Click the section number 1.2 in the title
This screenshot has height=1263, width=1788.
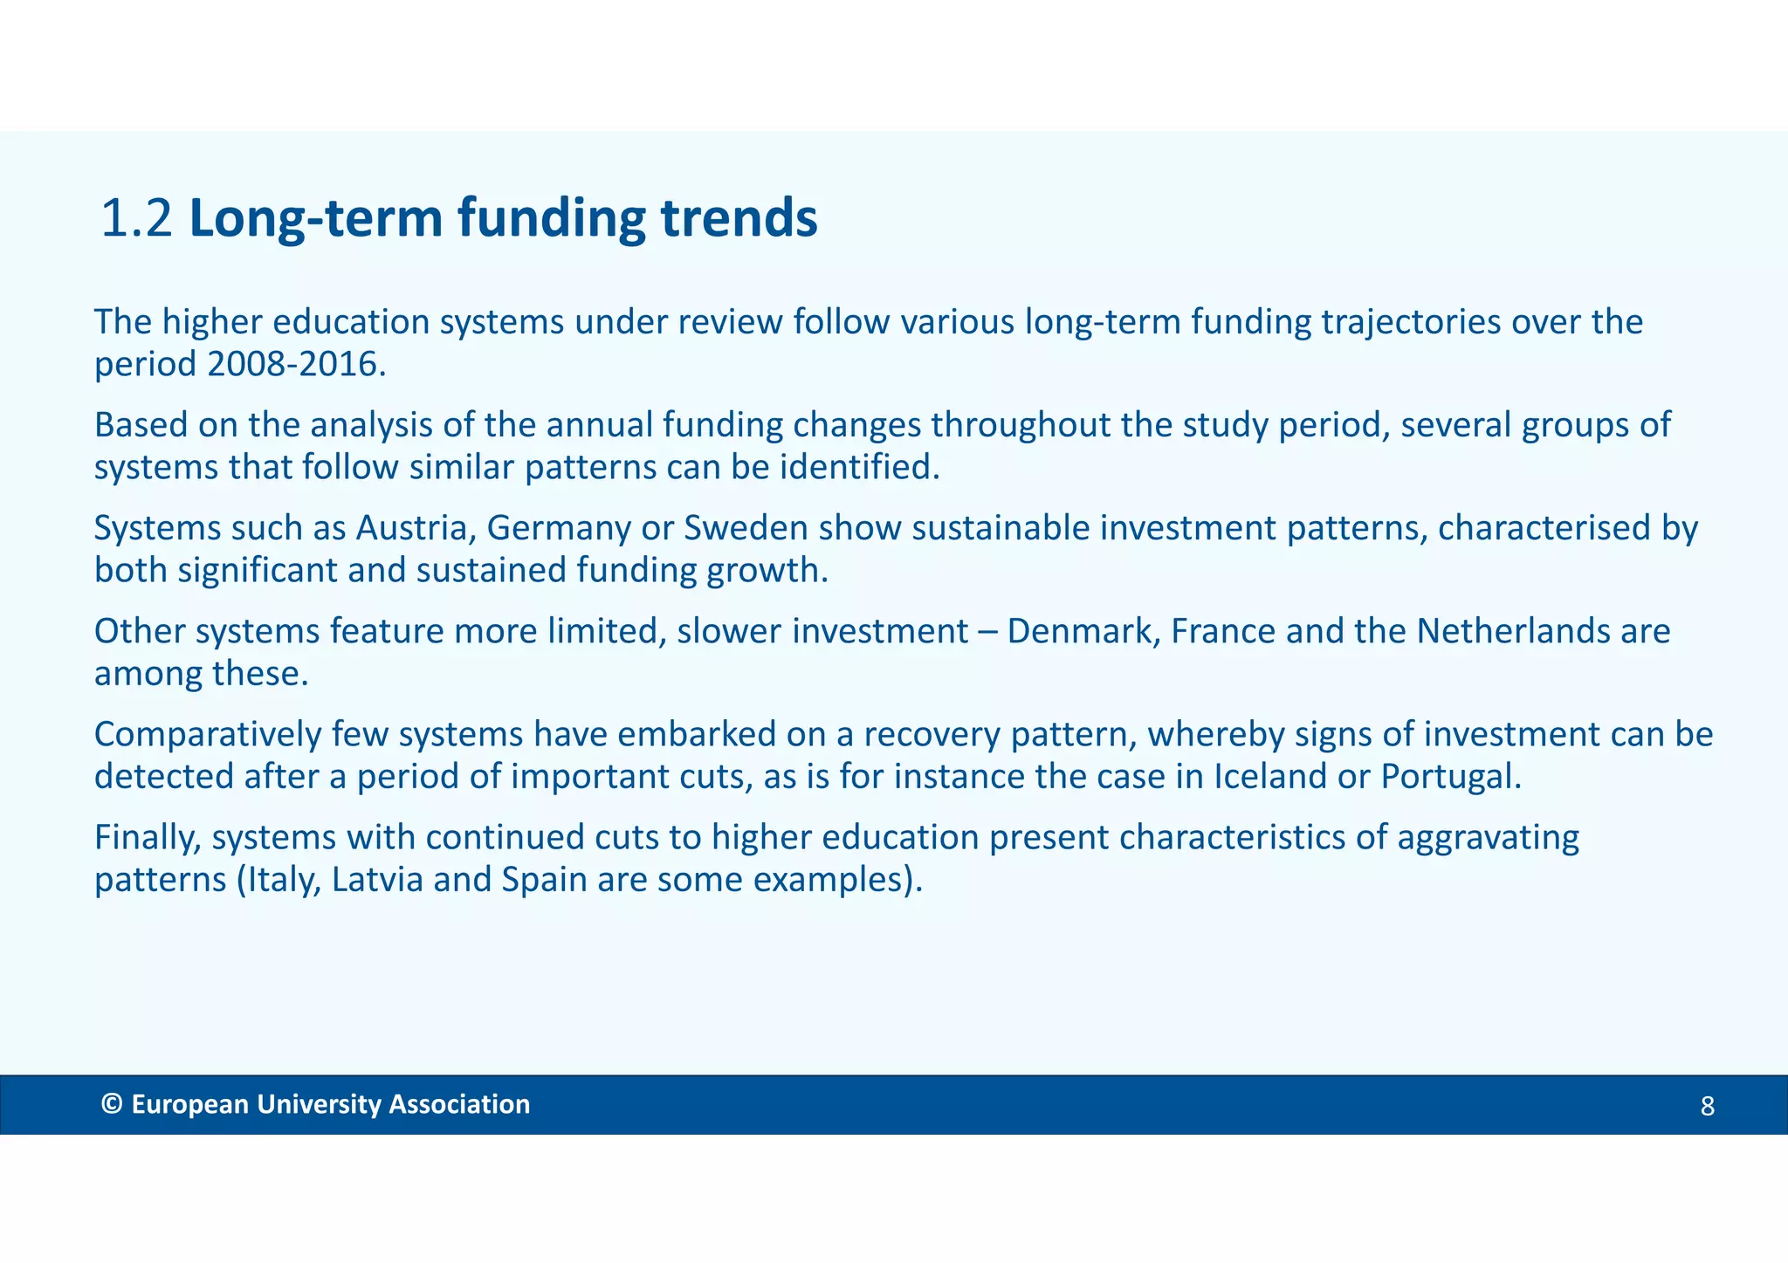point(136,218)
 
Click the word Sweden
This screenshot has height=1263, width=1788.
point(746,528)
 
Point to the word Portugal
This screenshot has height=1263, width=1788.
point(1450,776)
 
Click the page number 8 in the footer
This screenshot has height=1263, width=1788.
point(1707,1107)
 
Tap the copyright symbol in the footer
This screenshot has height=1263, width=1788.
point(111,1104)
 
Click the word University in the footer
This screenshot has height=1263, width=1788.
point(319,1105)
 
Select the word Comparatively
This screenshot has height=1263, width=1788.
point(208,735)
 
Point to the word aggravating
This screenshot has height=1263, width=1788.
point(1488,838)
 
